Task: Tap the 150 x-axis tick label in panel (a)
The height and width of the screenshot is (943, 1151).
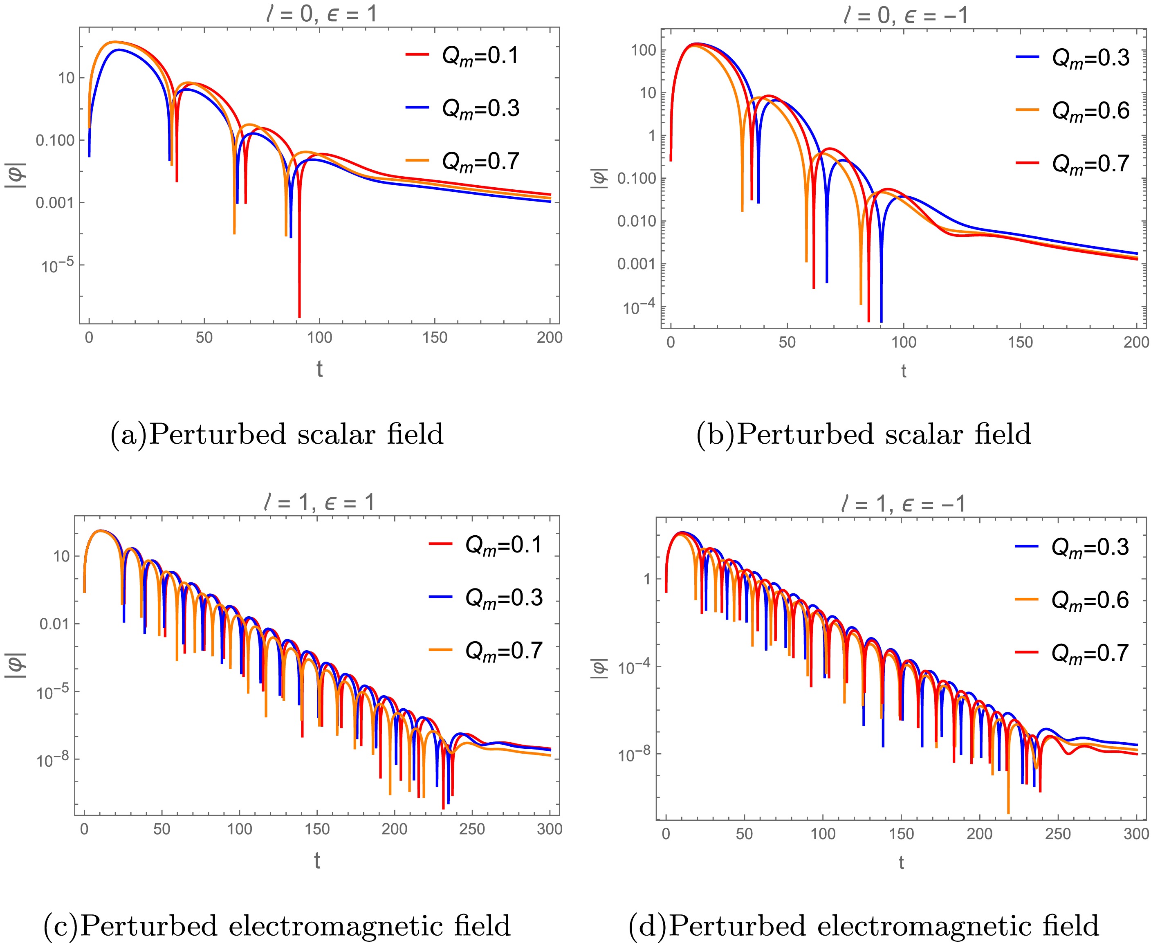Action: pos(435,337)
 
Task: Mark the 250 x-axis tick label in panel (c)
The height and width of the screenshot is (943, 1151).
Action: pos(471,829)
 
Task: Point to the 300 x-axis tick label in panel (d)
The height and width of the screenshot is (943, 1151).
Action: pos(1136,833)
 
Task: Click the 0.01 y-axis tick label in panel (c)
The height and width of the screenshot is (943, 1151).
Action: pos(54,624)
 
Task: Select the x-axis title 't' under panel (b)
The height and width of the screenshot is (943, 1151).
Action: pos(903,371)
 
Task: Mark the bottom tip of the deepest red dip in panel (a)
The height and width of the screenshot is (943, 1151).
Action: pos(299,317)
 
